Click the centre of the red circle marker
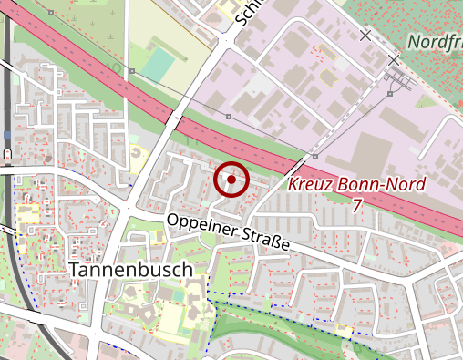point(231,180)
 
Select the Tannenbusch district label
point(131,270)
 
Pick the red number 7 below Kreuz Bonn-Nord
point(355,206)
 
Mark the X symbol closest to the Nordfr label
point(394,60)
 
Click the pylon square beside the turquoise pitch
point(132,70)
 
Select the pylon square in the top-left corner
point(51,14)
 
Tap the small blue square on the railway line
point(7,134)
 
